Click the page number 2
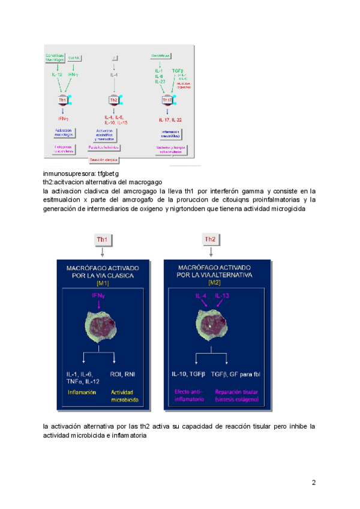click(x=313, y=483)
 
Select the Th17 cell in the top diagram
click(x=167, y=100)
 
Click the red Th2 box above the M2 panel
click(x=210, y=239)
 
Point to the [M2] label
click(x=210, y=283)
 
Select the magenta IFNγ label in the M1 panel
click(x=99, y=296)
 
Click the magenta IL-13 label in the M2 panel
click(x=223, y=296)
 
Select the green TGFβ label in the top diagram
click(x=178, y=70)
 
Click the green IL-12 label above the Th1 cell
click(x=56, y=74)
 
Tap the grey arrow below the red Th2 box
click(x=210, y=251)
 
